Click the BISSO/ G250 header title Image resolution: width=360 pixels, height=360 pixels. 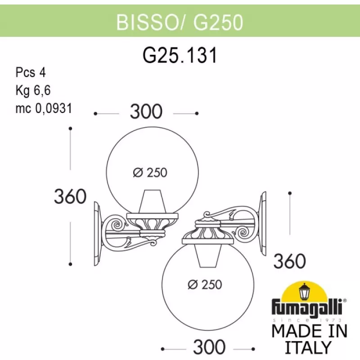pos(180,21)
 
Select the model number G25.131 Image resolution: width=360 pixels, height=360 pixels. pos(180,56)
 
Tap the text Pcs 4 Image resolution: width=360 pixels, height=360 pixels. pos(31,72)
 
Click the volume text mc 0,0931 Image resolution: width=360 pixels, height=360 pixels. pos(44,108)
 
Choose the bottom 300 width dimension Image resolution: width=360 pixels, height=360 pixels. pos(209,347)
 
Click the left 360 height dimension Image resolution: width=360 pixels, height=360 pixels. pos(70,197)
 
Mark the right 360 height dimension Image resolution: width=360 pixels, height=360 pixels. pos(290,261)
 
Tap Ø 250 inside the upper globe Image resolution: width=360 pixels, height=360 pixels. pos(150,172)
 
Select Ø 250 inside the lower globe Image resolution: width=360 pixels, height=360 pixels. pos(204,284)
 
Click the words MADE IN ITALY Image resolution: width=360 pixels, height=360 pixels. pos(310,339)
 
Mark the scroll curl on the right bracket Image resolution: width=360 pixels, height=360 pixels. pos(247,232)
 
